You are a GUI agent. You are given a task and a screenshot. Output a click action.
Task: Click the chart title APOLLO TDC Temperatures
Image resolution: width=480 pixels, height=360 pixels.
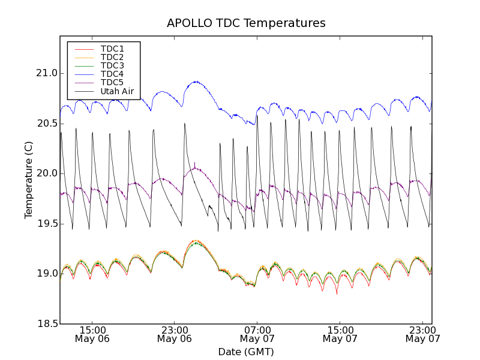246,23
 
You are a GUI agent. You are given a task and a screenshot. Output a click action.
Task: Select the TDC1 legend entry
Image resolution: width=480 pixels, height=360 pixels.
112,49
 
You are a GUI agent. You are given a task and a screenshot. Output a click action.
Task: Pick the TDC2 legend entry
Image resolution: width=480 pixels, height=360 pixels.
112,57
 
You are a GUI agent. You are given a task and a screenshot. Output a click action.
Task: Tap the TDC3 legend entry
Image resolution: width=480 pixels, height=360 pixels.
112,65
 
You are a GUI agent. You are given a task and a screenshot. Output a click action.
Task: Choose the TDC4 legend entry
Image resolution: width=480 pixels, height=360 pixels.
112,74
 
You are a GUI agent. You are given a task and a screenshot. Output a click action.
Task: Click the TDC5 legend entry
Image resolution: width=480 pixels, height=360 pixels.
112,83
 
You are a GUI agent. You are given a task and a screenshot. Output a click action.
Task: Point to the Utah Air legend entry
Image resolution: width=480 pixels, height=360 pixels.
117,92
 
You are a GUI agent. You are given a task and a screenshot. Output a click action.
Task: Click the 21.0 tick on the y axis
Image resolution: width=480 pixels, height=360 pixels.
46,73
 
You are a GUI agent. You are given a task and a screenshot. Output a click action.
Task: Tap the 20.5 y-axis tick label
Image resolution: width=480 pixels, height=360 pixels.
46,124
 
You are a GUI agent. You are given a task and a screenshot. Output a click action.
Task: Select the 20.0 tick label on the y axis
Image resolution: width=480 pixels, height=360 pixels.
46,173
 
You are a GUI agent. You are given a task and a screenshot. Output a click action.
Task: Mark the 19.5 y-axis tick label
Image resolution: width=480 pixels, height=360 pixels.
46,224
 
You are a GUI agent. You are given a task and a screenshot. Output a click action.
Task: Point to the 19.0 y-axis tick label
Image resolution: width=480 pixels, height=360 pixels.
46,274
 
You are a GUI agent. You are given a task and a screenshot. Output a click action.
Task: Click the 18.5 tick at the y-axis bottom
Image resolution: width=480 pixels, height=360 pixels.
46,324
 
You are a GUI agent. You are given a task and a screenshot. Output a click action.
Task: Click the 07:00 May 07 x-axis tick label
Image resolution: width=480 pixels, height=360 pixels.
257,334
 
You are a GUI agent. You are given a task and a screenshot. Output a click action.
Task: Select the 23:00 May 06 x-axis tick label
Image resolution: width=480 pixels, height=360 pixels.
175,334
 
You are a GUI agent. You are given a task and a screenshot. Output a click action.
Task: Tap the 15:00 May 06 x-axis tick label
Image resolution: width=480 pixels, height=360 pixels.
92,334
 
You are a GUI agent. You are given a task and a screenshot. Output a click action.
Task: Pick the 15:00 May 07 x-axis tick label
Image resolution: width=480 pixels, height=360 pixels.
340,334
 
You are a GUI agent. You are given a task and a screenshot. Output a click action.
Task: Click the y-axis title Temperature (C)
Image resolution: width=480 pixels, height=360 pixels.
29,180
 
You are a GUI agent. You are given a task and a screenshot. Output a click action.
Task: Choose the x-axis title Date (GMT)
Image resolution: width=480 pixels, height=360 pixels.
246,352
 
